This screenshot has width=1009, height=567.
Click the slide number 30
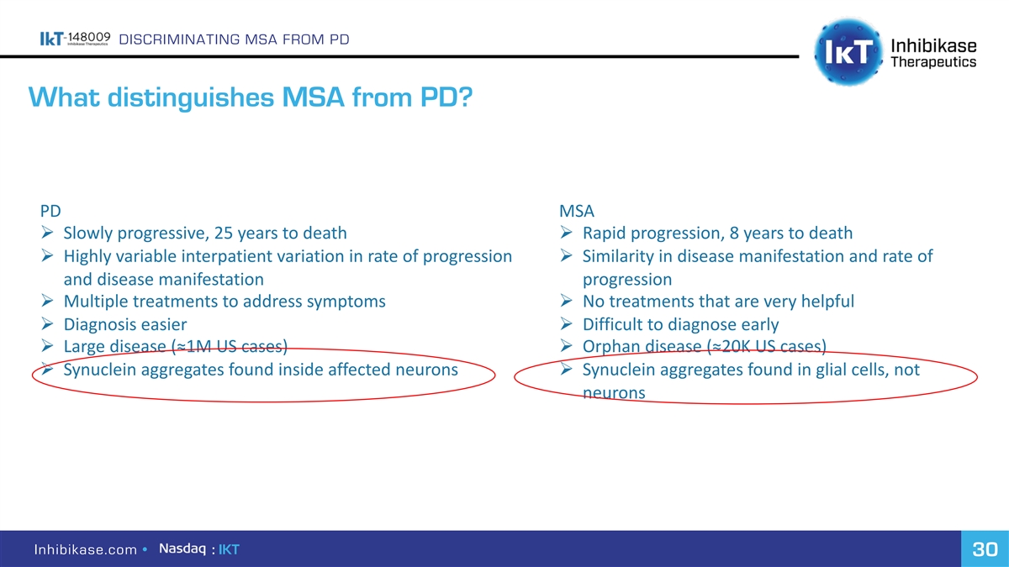(x=985, y=549)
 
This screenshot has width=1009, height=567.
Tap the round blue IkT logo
(x=848, y=52)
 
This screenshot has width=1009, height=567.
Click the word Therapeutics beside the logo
(x=933, y=61)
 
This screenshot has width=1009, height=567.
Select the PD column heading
(x=50, y=211)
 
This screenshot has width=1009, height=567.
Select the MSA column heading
(x=577, y=211)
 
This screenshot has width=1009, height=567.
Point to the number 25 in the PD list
(x=223, y=234)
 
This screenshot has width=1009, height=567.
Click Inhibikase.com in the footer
(x=86, y=549)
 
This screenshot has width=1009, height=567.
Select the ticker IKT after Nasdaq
(x=229, y=549)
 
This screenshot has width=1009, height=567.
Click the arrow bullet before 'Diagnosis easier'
(x=47, y=323)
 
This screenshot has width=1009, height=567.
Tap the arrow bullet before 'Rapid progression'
(x=566, y=232)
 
